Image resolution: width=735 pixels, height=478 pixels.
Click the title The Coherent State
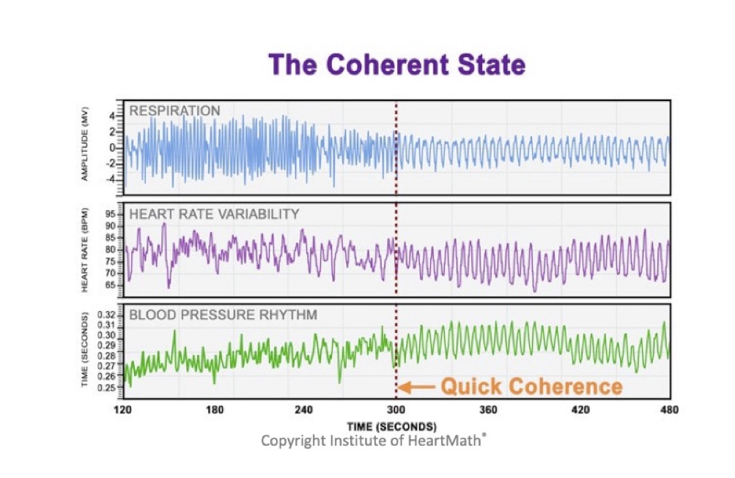[x=396, y=65]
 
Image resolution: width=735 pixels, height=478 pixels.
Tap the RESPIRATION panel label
[x=174, y=111]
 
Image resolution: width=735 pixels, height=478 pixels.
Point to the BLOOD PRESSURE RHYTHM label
[x=223, y=315]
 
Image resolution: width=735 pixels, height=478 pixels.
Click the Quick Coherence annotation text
[x=531, y=386]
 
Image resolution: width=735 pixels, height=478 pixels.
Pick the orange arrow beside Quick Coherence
[x=418, y=386]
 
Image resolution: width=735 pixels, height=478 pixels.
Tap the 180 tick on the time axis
[x=215, y=410]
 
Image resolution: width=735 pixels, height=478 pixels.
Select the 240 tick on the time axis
[x=304, y=410]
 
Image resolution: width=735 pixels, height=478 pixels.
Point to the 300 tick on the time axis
[x=396, y=410]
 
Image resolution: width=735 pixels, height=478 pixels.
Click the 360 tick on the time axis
[x=488, y=410]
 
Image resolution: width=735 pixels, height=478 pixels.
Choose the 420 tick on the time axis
[x=580, y=410]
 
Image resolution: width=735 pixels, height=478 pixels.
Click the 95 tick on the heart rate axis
[x=109, y=214]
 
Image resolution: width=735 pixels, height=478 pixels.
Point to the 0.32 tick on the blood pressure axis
[x=106, y=314]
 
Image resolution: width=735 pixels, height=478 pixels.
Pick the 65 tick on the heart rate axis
[x=109, y=284]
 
